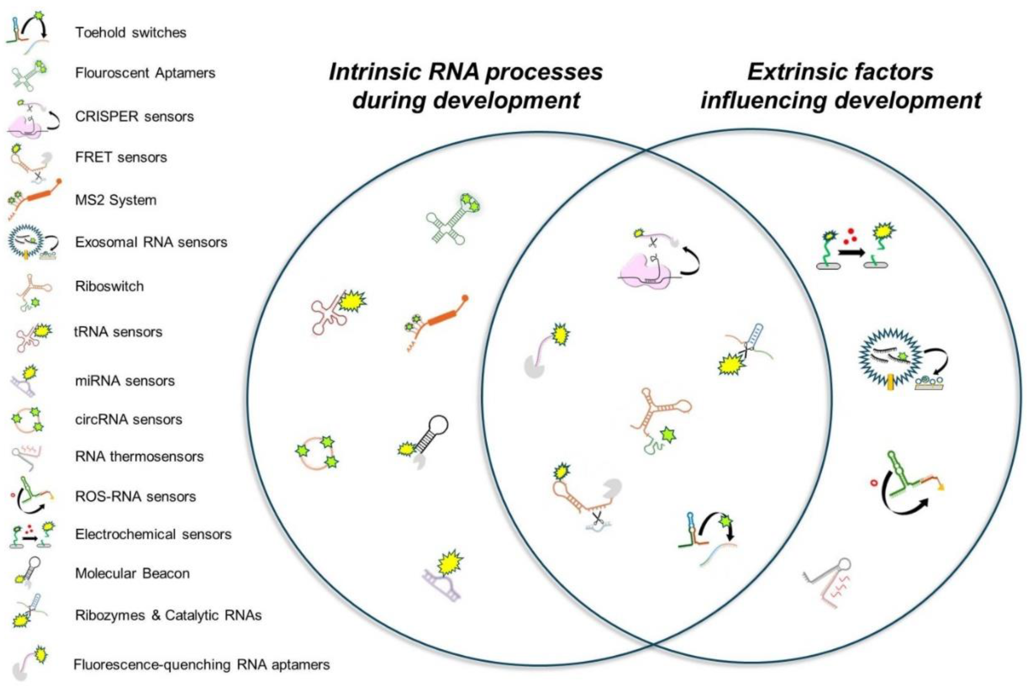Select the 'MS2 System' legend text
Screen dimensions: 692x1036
tap(116, 200)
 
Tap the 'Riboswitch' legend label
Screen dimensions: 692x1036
tap(109, 286)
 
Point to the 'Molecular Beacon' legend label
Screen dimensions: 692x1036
tap(132, 573)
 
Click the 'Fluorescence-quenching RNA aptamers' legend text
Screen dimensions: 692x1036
tap(202, 664)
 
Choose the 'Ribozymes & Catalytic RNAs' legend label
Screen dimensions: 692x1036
tap(168, 615)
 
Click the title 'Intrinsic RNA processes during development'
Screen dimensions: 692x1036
tap(466, 86)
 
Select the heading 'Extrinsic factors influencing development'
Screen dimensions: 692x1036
tap(841, 86)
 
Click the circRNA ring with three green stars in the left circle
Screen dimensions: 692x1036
tap(316, 452)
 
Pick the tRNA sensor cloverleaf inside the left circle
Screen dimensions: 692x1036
tap(335, 311)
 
